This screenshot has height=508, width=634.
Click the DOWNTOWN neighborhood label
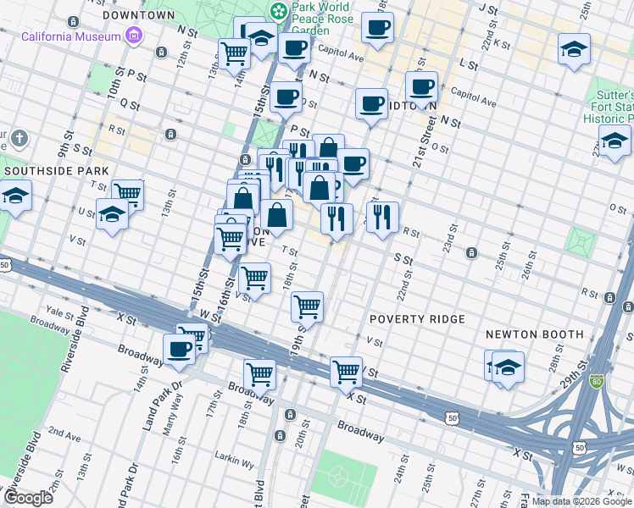[x=138, y=15]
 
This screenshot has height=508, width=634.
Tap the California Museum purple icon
[x=133, y=36]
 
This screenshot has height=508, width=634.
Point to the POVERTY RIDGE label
[x=417, y=319]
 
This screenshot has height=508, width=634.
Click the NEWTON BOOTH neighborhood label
[x=534, y=334]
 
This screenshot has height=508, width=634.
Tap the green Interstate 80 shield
[x=597, y=383]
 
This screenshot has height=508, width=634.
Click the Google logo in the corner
[x=28, y=498]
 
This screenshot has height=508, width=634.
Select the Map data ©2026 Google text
[x=581, y=501]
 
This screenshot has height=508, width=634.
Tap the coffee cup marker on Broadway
[x=179, y=349]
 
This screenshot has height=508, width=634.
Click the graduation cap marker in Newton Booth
[x=508, y=368]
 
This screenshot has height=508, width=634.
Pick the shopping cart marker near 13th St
[x=126, y=193]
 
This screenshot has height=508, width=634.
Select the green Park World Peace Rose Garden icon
[x=278, y=11]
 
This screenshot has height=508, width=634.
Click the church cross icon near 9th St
[x=21, y=138]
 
